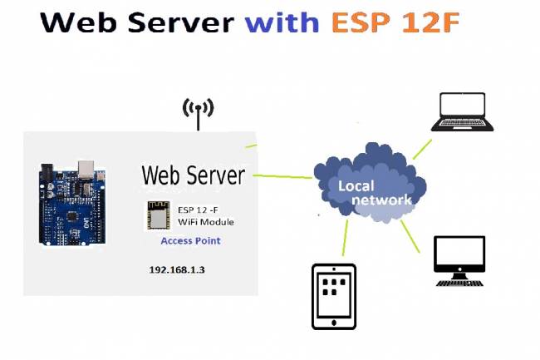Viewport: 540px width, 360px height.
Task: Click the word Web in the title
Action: pos(73,22)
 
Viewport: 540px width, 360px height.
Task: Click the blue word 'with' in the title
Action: pos(282,22)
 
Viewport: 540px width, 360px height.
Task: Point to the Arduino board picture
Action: pos(72,203)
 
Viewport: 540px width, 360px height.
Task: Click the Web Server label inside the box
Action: pos(193,175)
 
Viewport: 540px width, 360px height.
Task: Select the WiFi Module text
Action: pos(206,222)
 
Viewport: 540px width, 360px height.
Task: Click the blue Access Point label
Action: pos(190,241)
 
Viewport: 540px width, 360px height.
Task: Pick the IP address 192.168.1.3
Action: pos(176,270)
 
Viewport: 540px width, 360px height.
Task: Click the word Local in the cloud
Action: pos(356,185)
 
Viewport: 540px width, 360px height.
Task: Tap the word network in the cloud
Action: pos(381,200)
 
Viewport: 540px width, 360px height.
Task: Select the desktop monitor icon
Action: pos(459,261)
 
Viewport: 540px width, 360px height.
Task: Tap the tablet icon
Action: pos(333,296)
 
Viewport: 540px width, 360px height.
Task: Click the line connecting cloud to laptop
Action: pos(422,149)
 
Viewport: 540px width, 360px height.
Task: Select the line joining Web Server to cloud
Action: pos(282,176)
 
